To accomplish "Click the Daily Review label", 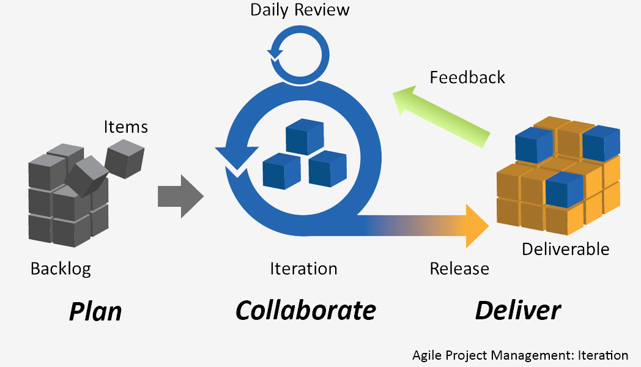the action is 300,10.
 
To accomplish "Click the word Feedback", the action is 467,77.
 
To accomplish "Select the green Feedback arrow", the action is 442,117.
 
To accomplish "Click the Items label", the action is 125,127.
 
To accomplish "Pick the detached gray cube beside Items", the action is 125,158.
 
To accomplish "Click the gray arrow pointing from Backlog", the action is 180,196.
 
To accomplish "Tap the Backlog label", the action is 61,269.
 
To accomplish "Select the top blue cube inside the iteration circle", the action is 305,136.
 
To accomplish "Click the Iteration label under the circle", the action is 304,269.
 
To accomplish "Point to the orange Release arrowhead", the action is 477,226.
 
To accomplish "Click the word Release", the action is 459,269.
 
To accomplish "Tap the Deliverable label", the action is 566,250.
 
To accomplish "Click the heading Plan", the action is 95,312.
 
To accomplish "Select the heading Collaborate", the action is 306,311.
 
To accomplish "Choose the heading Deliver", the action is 518,311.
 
